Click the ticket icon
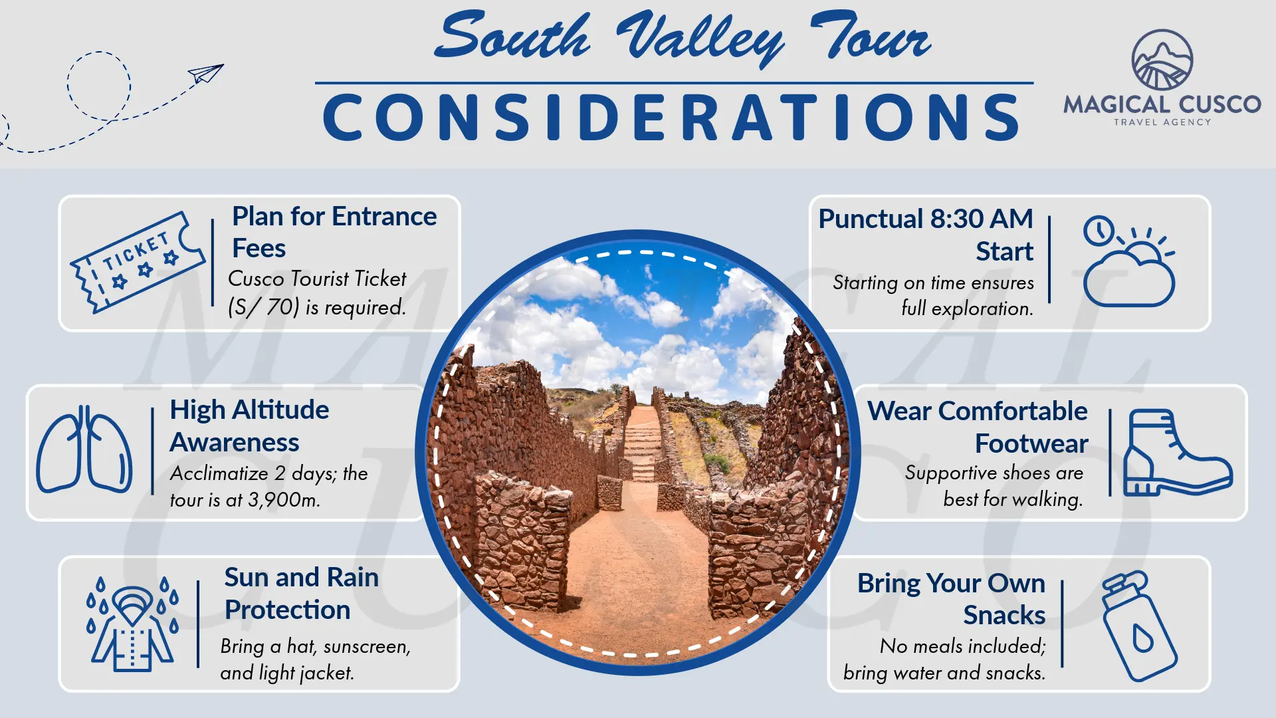pos(138,262)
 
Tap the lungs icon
pos(84,449)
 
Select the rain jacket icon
pos(132,623)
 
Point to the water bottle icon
pos(1138,626)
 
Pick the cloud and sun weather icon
pos(1128,261)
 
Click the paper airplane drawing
pos(205,73)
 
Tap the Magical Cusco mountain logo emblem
pos(1162,60)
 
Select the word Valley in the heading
pos(699,39)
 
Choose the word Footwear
pos(1031,443)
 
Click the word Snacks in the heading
pos(1004,615)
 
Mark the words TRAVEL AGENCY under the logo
pos(1162,122)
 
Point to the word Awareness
pos(235,443)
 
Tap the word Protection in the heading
pos(287,610)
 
